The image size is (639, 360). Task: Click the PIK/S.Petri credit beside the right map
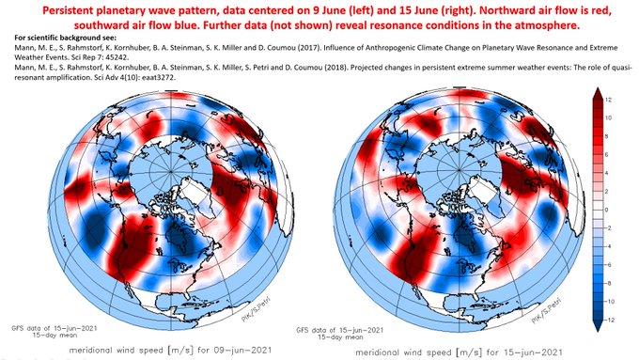pos(554,299)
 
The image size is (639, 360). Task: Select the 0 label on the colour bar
pos(608,208)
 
